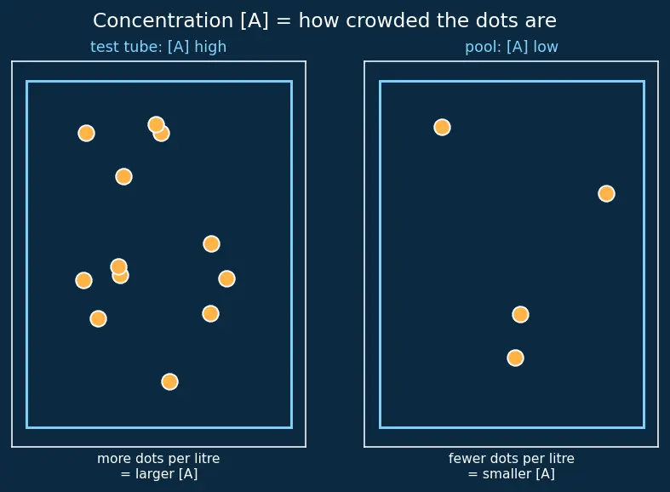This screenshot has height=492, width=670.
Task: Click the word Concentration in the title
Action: point(163,20)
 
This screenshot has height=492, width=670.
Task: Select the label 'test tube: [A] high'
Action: point(158,47)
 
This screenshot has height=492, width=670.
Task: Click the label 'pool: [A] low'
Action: point(512,47)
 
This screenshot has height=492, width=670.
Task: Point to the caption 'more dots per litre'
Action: point(158,458)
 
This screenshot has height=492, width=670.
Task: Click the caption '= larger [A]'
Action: point(159,473)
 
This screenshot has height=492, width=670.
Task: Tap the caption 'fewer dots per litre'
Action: point(512,458)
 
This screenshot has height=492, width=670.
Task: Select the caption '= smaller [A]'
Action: point(512,473)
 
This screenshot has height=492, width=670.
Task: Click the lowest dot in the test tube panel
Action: point(169,381)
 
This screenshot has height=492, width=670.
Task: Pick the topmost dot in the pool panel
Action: point(442,127)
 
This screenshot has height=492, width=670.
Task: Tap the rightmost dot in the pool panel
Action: point(606,193)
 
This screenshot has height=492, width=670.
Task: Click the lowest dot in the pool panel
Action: point(515,358)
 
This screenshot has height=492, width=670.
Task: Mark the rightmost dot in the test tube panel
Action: point(226,278)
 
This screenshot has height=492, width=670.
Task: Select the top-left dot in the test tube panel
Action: point(86,134)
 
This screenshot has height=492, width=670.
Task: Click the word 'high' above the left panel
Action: point(210,47)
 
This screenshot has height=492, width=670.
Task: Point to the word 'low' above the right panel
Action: point(546,47)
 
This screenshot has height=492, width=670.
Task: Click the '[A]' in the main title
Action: point(255,20)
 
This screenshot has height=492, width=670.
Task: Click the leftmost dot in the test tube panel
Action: point(83,280)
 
